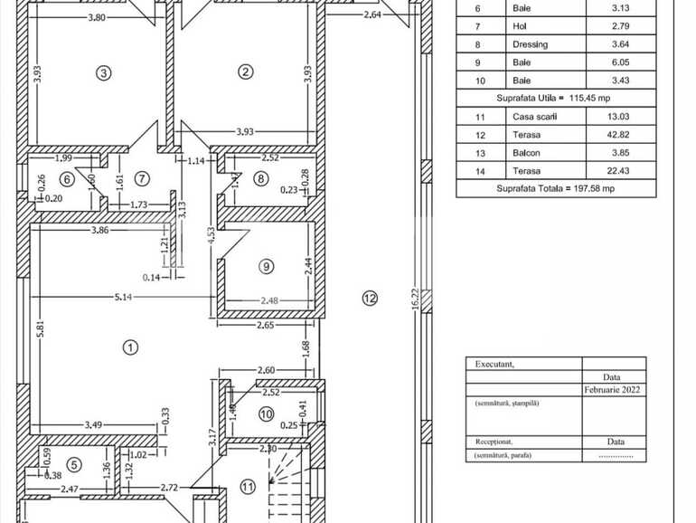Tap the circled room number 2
click(245, 72)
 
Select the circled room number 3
click(105, 72)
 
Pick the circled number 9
click(266, 266)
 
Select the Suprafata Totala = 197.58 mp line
click(548, 188)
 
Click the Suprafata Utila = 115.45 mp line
click(549, 98)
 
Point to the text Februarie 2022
click(614, 391)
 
